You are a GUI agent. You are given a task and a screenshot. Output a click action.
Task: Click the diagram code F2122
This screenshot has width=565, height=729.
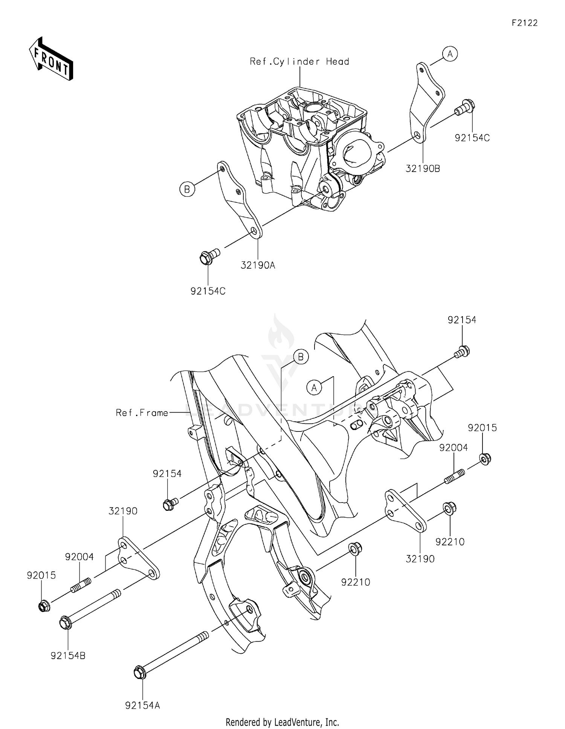[x=525, y=23]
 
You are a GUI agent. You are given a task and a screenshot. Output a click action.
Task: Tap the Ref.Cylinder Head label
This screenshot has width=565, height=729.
[x=299, y=62]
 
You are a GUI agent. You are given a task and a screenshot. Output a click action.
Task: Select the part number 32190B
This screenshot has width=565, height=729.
[x=423, y=169]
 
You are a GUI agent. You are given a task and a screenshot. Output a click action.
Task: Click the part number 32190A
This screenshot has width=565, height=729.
[x=258, y=266]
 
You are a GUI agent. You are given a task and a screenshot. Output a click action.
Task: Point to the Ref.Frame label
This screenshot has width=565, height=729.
[x=142, y=413]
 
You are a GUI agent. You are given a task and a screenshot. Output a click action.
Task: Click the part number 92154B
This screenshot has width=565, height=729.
[x=68, y=656]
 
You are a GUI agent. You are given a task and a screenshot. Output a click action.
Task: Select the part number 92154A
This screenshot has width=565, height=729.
[x=143, y=705]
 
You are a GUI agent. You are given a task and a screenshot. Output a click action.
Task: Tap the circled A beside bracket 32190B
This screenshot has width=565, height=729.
[x=450, y=54]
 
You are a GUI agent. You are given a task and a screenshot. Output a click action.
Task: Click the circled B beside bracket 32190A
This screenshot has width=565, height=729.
[x=187, y=189]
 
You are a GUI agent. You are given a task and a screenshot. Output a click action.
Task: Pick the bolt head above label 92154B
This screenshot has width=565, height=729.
[x=65, y=623]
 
